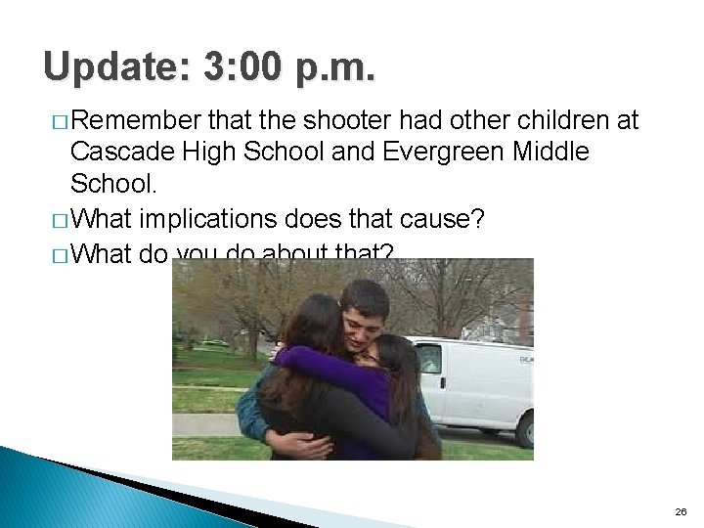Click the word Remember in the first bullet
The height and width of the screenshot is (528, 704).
coord(135,120)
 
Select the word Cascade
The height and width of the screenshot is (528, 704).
coord(115,152)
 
